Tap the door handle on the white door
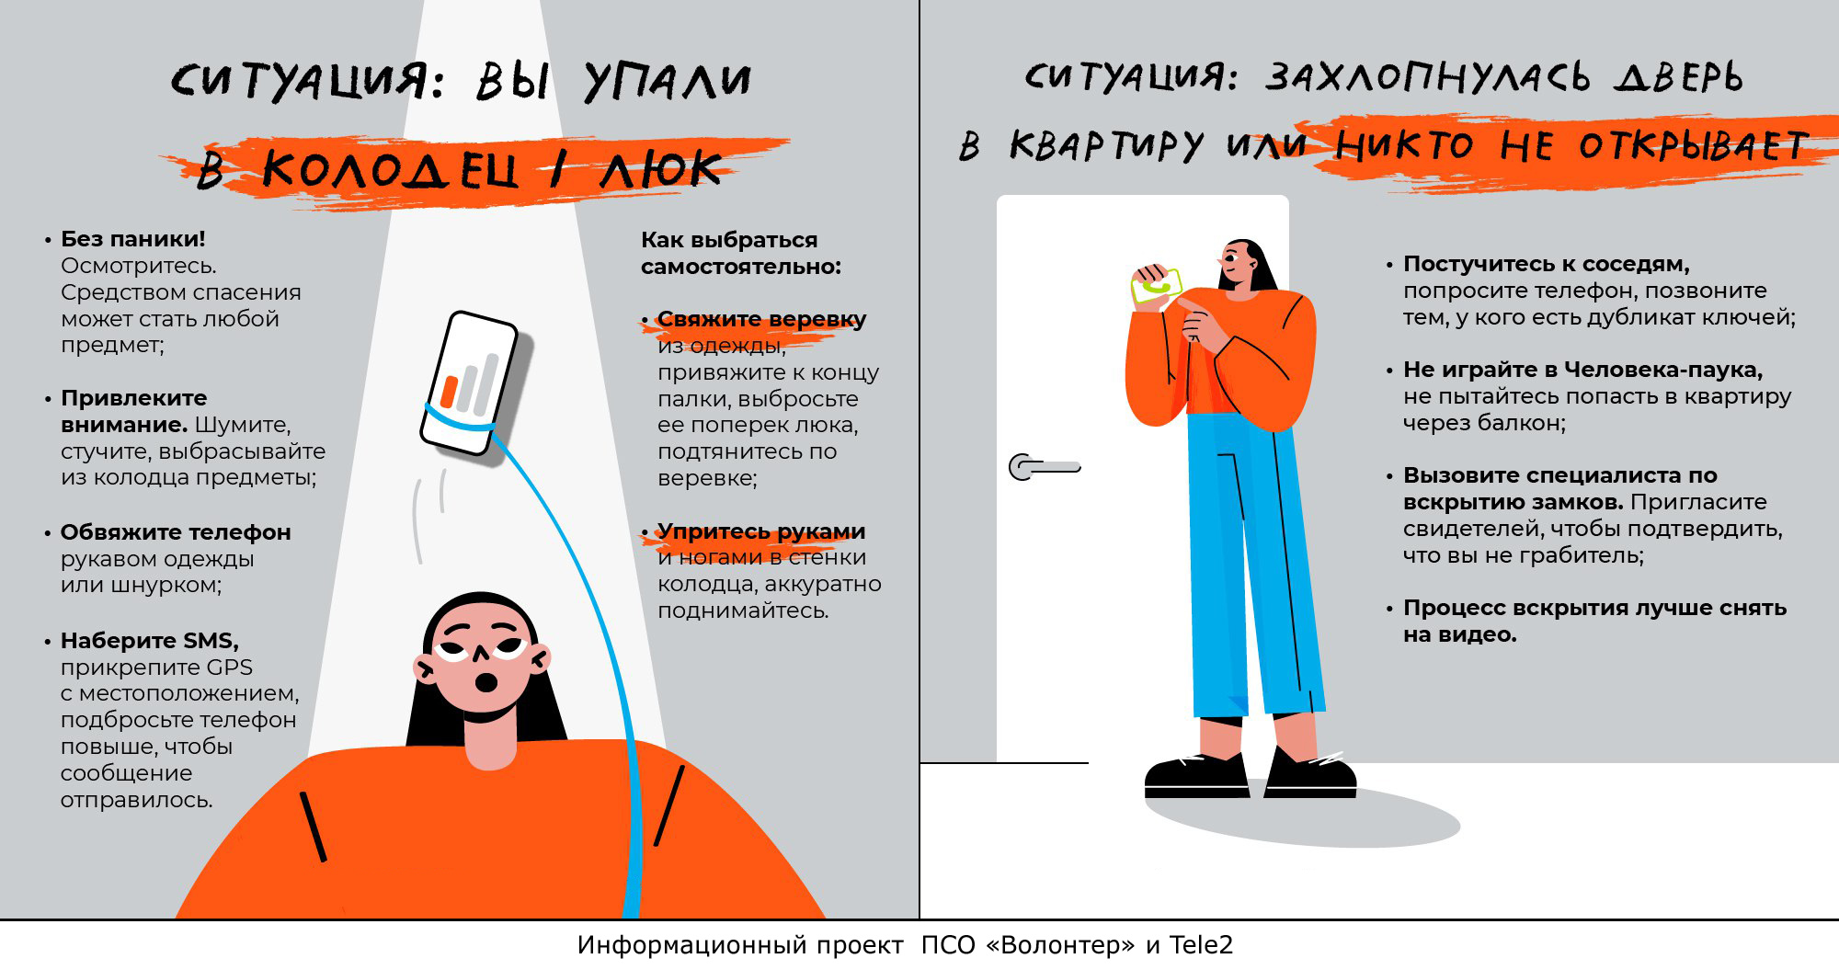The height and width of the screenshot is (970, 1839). [1044, 467]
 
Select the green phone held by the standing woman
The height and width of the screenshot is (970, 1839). [1157, 286]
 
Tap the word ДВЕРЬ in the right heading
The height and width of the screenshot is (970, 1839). [1678, 77]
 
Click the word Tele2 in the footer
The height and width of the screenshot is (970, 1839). [1200, 945]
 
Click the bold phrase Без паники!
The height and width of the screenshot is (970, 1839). [133, 239]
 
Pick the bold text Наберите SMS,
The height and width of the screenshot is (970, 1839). [149, 641]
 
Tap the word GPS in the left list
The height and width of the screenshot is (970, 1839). [229, 668]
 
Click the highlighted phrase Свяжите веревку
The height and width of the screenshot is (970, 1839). [761, 319]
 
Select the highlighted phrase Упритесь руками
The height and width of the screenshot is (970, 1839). [760, 531]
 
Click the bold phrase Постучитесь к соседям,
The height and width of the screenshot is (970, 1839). [1546, 264]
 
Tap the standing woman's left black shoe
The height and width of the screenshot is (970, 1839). [1195, 777]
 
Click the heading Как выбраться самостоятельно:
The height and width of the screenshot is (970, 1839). [740, 253]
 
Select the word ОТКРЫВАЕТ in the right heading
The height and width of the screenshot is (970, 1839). [1693, 145]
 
